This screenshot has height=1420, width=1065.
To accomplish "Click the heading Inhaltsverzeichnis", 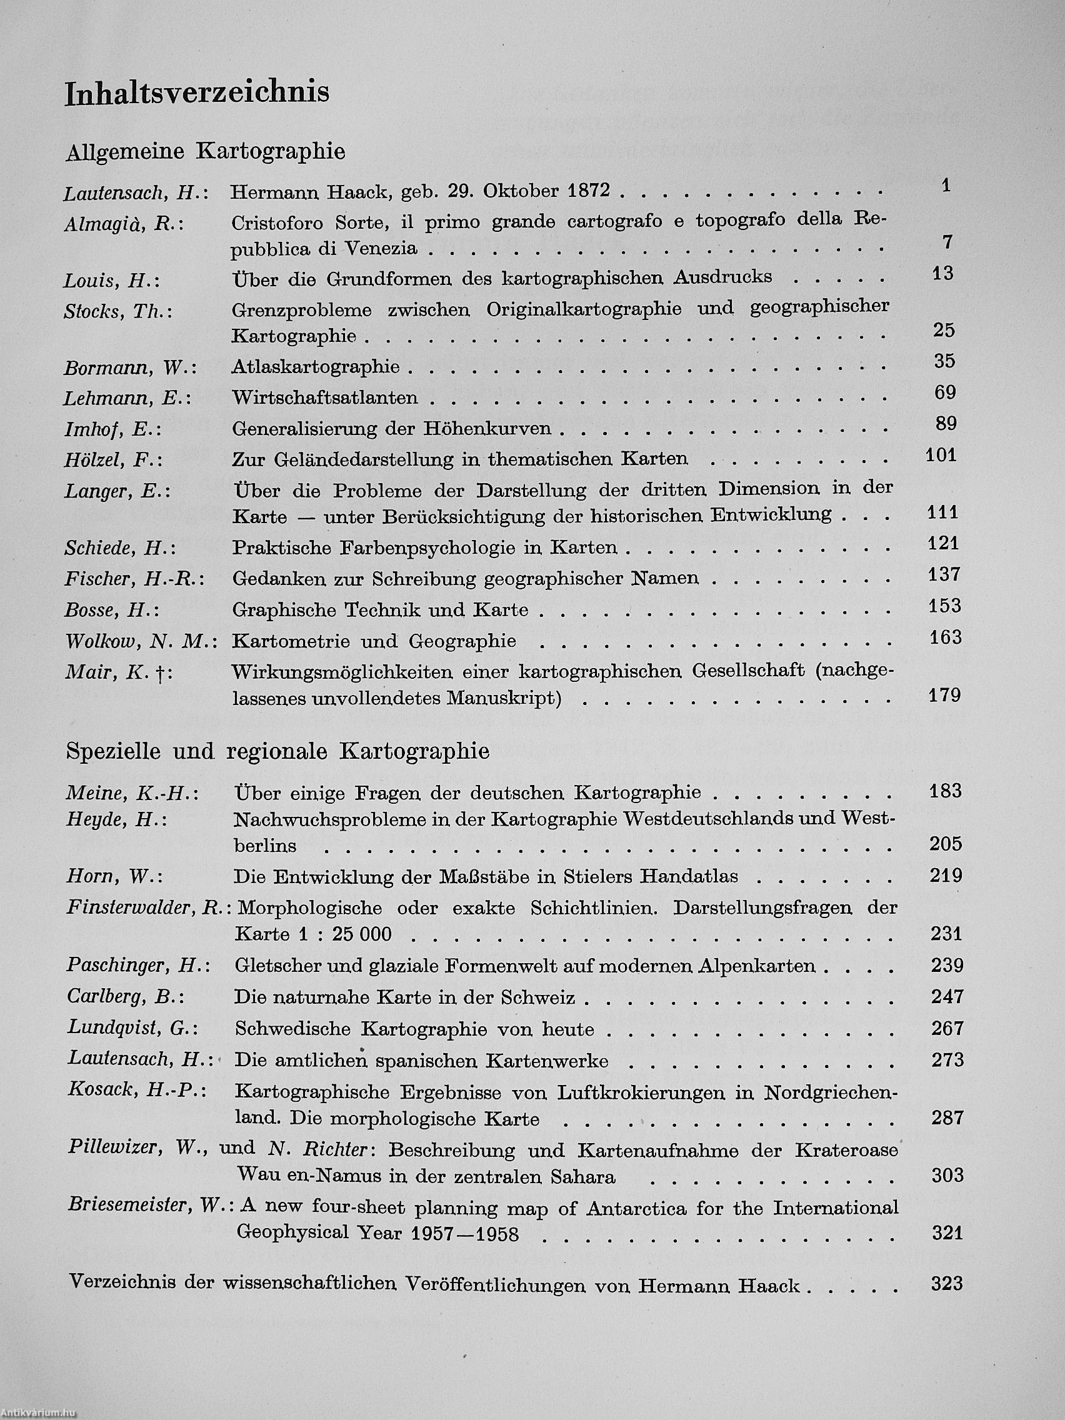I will pyautogui.click(x=197, y=94).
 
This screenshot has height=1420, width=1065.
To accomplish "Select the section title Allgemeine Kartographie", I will pyautogui.click(x=206, y=151).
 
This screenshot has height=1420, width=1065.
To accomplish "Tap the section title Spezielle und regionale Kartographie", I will pyautogui.click(x=277, y=751).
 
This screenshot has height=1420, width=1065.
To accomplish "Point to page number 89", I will pyautogui.click(x=946, y=424).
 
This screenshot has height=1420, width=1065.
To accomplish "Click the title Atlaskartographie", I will pyautogui.click(x=315, y=366).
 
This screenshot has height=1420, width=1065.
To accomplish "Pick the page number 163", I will pyautogui.click(x=946, y=637).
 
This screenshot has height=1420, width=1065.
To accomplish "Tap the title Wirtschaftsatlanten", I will pyautogui.click(x=325, y=398).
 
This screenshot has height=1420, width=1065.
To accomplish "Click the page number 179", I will pyautogui.click(x=944, y=694).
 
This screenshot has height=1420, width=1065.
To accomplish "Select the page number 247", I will pyautogui.click(x=947, y=996).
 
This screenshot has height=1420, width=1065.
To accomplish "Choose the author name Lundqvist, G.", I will pyautogui.click(x=132, y=1028).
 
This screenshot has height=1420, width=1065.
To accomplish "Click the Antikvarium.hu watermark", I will pyautogui.click(x=39, y=1412).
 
